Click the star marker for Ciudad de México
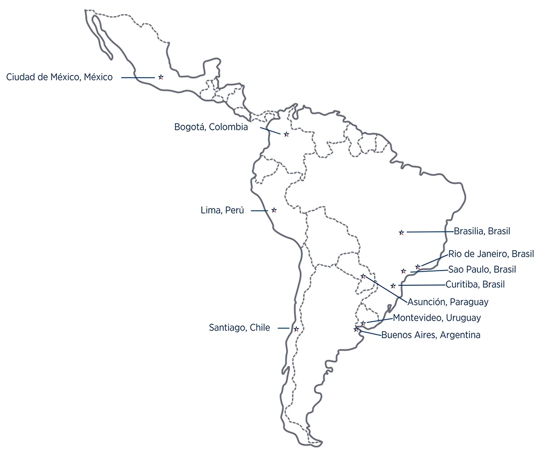pyautogui.click(x=161, y=77)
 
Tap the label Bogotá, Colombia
pyautogui.click(x=211, y=127)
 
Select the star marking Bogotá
pyautogui.click(x=286, y=134)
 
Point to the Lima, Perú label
pyautogui.click(x=222, y=210)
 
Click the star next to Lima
pyautogui.click(x=274, y=210)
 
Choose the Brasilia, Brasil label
pyautogui.click(x=482, y=231)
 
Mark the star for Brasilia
pyautogui.click(x=402, y=232)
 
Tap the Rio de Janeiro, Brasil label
pyautogui.click(x=491, y=254)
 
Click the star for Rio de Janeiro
pyautogui.click(x=418, y=267)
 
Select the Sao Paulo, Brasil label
pyautogui.click(x=482, y=270)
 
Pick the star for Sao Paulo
pyautogui.click(x=404, y=271)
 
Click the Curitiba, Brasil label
pyautogui.click(x=475, y=284)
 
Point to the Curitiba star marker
pyautogui.click(x=393, y=286)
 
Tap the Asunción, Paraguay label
pyautogui.click(x=448, y=302)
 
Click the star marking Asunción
pyautogui.click(x=363, y=277)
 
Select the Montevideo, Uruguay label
pyautogui.click(x=437, y=318)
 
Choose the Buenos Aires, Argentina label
pyautogui.click(x=431, y=335)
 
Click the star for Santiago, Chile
pyautogui.click(x=296, y=329)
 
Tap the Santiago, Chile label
pyautogui.click(x=239, y=328)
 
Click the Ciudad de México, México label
pyautogui.click(x=59, y=77)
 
